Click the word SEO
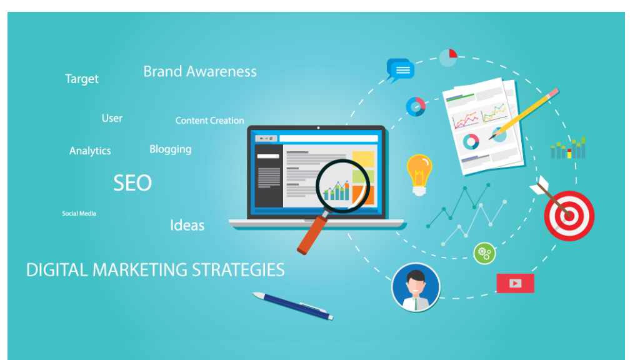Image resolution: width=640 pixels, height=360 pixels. pos(132,183)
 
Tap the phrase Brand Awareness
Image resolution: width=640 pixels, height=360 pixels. pos(200,72)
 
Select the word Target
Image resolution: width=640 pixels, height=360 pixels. pos(82,79)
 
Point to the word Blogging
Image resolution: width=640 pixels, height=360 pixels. pos(171,149)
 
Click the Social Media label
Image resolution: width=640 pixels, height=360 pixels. pos(79,214)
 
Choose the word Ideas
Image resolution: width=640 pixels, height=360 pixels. pos(187,226)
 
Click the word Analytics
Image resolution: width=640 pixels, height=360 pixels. pos(90,151)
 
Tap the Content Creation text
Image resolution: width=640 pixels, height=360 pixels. pos(209,121)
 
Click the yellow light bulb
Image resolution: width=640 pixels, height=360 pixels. pos(419,171)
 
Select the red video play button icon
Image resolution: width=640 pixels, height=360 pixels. pos(515,283)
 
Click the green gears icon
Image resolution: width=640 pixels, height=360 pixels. pos(484,253)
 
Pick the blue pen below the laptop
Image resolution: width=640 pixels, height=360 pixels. pos(292,306)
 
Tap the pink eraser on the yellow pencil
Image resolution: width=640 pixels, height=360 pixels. pos(552,94)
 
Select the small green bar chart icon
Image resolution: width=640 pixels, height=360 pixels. pos(567,149)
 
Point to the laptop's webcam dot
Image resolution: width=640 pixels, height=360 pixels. pos(317,127)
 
